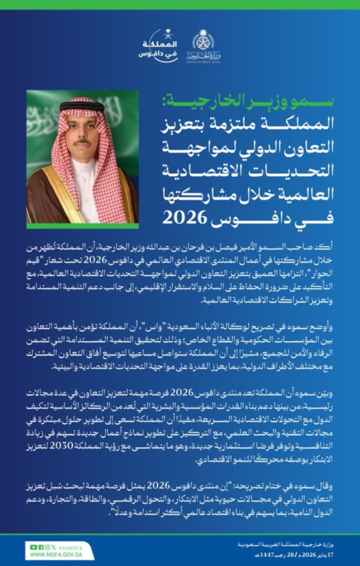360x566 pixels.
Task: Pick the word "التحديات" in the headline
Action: [x=296, y=170]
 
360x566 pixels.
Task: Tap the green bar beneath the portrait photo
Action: [x=82, y=226]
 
